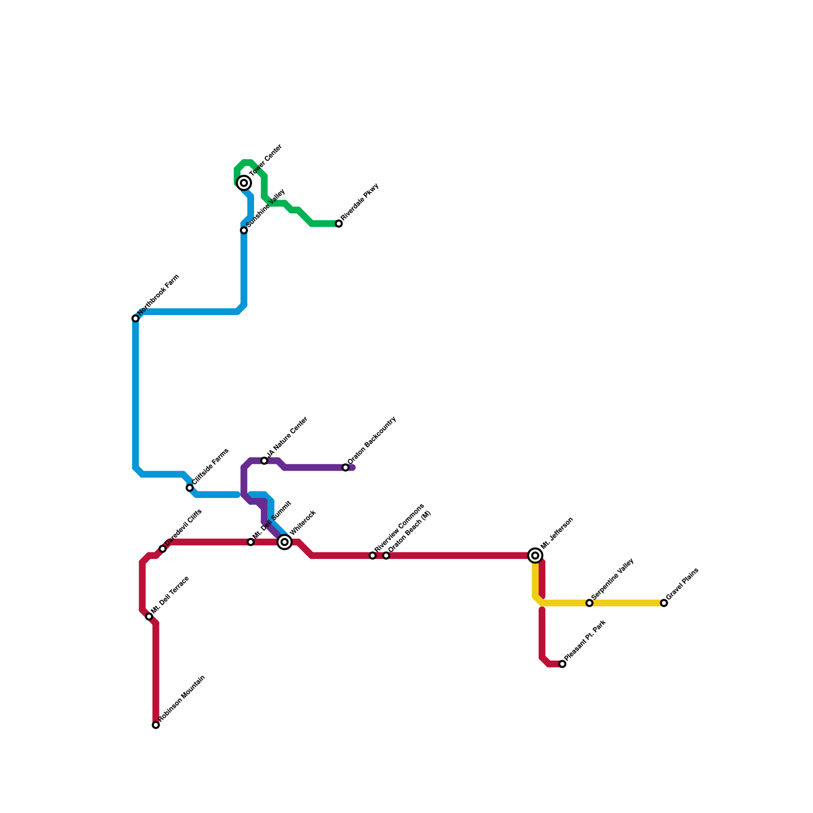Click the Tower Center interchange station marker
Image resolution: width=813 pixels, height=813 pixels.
tap(244, 183)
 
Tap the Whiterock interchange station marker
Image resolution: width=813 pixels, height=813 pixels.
tap(285, 542)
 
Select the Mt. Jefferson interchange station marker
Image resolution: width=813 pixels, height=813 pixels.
tap(535, 555)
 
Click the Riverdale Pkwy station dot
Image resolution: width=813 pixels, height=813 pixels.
tap(339, 224)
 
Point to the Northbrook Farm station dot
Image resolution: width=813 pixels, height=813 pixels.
tap(136, 319)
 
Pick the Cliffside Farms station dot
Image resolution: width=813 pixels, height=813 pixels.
tap(190, 488)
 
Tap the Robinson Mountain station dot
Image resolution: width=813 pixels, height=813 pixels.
tap(156, 725)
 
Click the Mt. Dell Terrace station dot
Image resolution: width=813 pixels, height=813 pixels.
tap(149, 616)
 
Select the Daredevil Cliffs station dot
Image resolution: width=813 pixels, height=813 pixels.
tap(163, 549)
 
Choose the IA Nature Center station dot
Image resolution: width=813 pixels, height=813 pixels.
tap(264, 461)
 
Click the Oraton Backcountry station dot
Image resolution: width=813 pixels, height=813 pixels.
tap(346, 467)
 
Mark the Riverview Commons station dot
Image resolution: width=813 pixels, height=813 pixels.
tap(372, 555)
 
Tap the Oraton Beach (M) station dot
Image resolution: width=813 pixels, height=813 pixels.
tap(386, 555)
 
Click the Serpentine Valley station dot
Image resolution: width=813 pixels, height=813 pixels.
tap(589, 603)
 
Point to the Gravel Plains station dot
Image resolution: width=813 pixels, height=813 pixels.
tap(664, 603)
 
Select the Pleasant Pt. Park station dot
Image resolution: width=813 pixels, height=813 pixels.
tap(562, 664)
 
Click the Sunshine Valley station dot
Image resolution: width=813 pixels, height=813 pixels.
tap(244, 230)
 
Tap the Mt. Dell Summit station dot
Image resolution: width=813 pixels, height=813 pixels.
tap(251, 542)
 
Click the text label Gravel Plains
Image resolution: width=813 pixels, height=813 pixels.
tap(683, 584)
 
